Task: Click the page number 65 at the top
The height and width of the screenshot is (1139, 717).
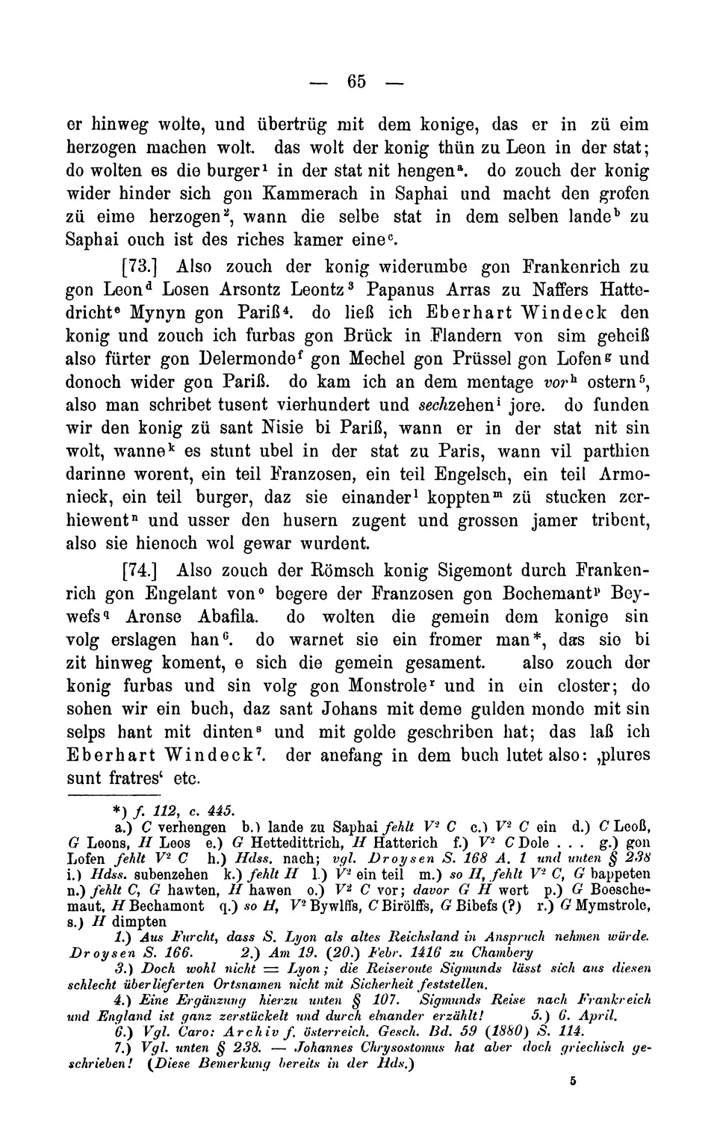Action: pyautogui.click(x=357, y=80)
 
